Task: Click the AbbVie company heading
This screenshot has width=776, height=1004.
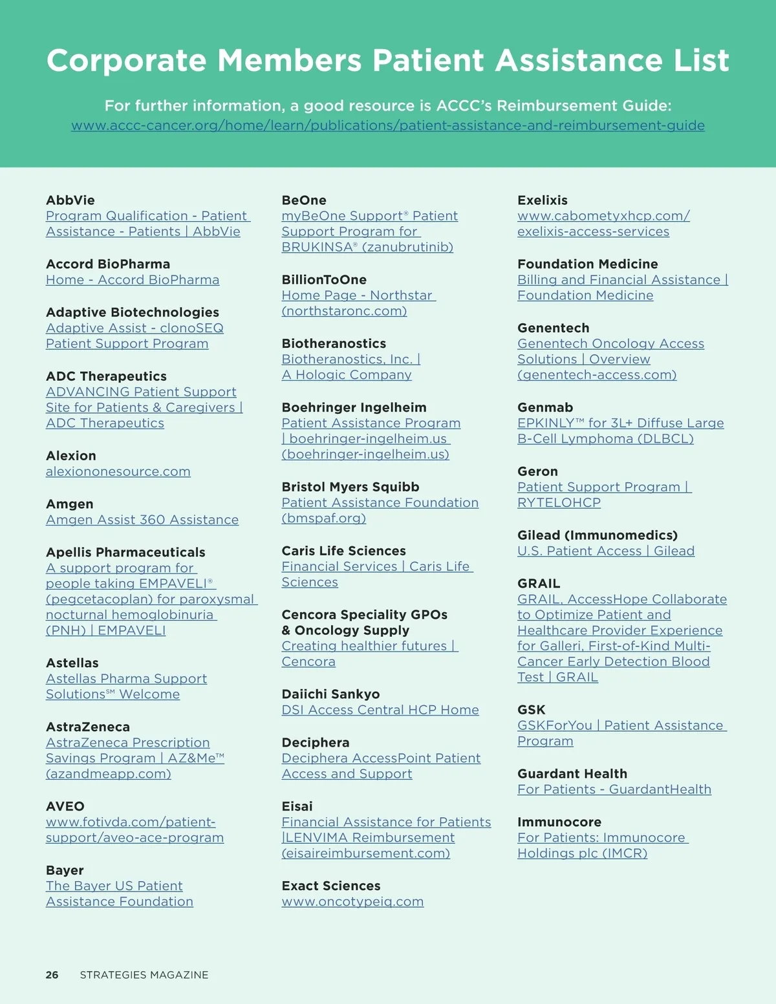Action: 70,200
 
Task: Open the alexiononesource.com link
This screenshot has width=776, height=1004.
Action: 118,472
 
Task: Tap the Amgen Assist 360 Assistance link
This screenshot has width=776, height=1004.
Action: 142,520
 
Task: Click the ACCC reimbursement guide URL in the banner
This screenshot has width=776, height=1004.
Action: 388,125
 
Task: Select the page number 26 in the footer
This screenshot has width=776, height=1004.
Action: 52,975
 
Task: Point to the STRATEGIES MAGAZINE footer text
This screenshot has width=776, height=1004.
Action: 144,975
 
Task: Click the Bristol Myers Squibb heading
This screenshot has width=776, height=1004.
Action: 350,487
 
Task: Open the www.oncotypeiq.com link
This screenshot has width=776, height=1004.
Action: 352,902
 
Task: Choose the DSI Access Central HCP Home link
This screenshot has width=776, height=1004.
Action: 380,710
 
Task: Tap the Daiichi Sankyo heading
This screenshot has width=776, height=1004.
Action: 330,694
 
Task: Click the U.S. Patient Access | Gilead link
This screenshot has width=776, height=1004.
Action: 606,551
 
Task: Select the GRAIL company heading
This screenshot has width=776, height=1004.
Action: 539,584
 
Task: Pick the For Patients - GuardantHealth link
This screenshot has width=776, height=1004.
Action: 614,789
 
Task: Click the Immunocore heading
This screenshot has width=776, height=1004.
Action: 559,822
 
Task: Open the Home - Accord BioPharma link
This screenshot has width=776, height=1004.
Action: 133,280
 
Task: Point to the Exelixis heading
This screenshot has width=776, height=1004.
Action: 543,200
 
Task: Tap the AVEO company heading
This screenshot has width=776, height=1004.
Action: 65,807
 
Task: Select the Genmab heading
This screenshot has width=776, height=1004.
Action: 545,408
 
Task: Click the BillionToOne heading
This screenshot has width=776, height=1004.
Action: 324,280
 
